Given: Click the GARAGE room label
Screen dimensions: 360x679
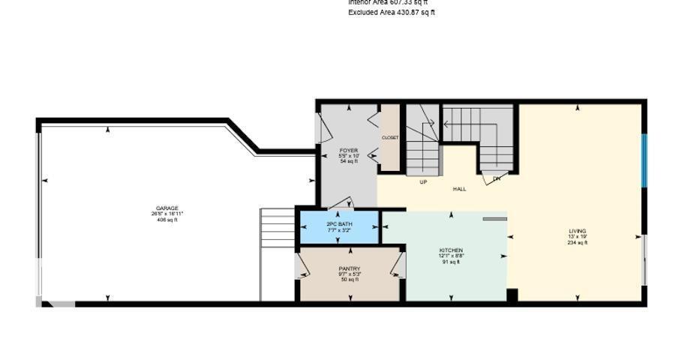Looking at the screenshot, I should [167, 208].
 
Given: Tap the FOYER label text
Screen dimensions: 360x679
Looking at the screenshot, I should [349, 150].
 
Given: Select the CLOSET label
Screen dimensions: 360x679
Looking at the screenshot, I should [390, 138].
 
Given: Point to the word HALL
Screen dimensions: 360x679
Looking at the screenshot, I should [459, 189].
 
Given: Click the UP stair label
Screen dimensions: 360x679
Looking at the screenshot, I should [423, 182].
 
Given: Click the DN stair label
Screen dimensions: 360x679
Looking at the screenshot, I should [496, 179].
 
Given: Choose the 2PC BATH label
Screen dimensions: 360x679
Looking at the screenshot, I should [339, 224].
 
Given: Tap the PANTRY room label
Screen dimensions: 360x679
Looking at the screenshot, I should [350, 268].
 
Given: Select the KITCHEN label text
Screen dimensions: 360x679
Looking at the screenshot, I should [451, 250].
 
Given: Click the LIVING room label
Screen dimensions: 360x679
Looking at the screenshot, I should [577, 231].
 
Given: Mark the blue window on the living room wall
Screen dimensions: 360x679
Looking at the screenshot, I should [643, 160].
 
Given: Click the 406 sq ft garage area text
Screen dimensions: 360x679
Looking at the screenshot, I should [167, 220].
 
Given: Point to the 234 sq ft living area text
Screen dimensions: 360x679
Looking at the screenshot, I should [577, 243].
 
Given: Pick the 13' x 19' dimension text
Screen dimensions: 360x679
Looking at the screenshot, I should [577, 237].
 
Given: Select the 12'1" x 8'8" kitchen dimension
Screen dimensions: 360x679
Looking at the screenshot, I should [451, 256].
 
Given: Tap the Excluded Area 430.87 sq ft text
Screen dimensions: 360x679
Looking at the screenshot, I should [392, 13].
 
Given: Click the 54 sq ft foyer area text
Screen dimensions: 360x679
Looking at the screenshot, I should [349, 161].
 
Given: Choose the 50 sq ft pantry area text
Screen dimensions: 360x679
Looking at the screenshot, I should [350, 280].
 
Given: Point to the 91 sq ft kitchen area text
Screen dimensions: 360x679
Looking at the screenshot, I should [451, 262].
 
